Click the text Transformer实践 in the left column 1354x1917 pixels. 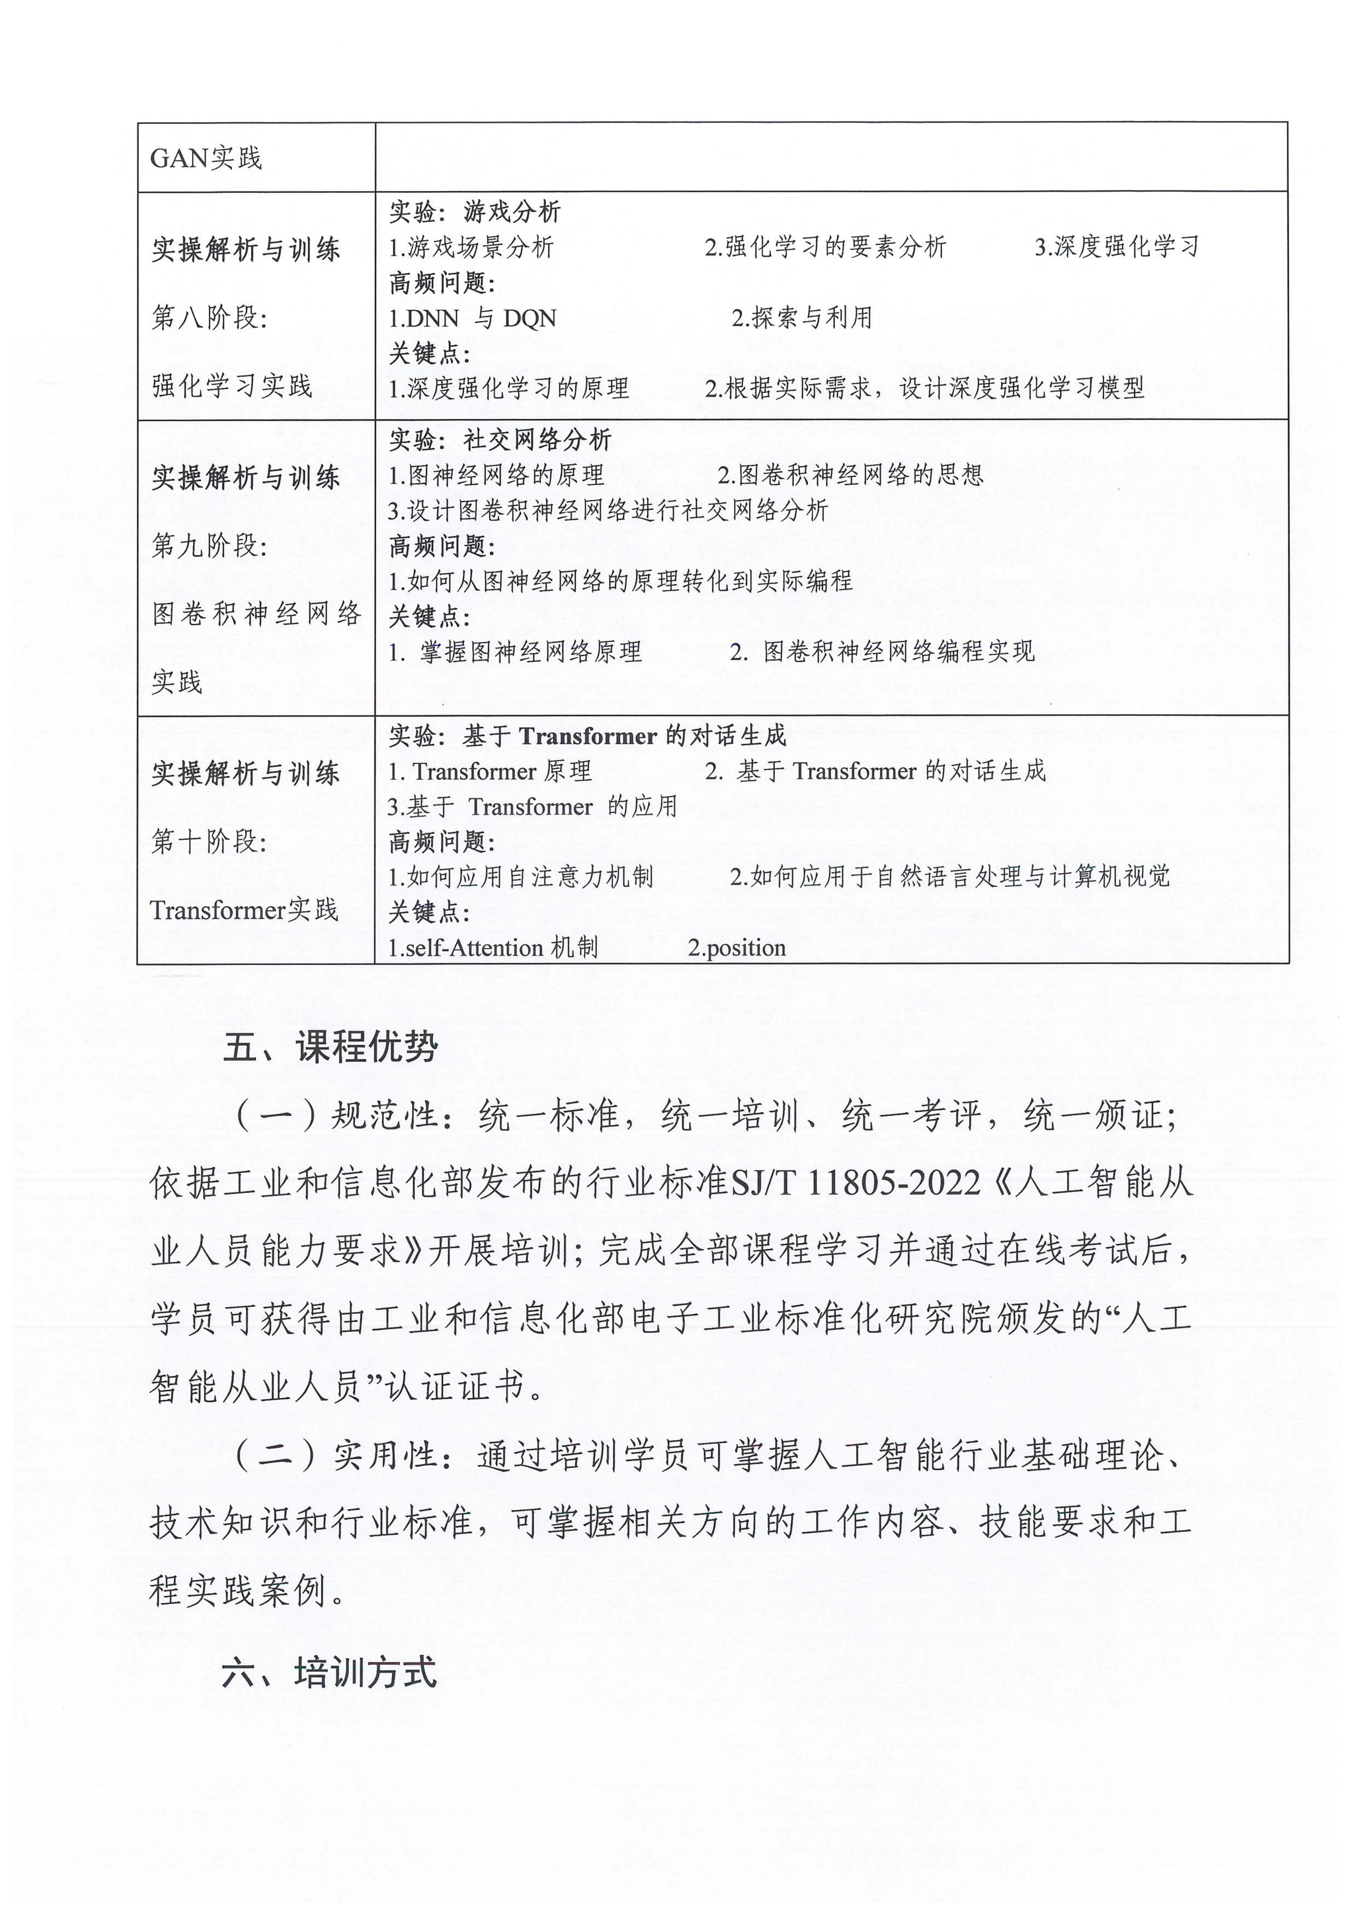click(244, 909)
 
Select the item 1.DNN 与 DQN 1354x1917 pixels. click(472, 318)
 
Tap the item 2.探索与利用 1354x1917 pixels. click(801, 317)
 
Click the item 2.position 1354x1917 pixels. click(736, 948)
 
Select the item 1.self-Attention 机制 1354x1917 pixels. click(492, 948)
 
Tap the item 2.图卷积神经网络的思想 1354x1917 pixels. click(850, 475)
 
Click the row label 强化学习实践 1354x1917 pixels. click(232, 386)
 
